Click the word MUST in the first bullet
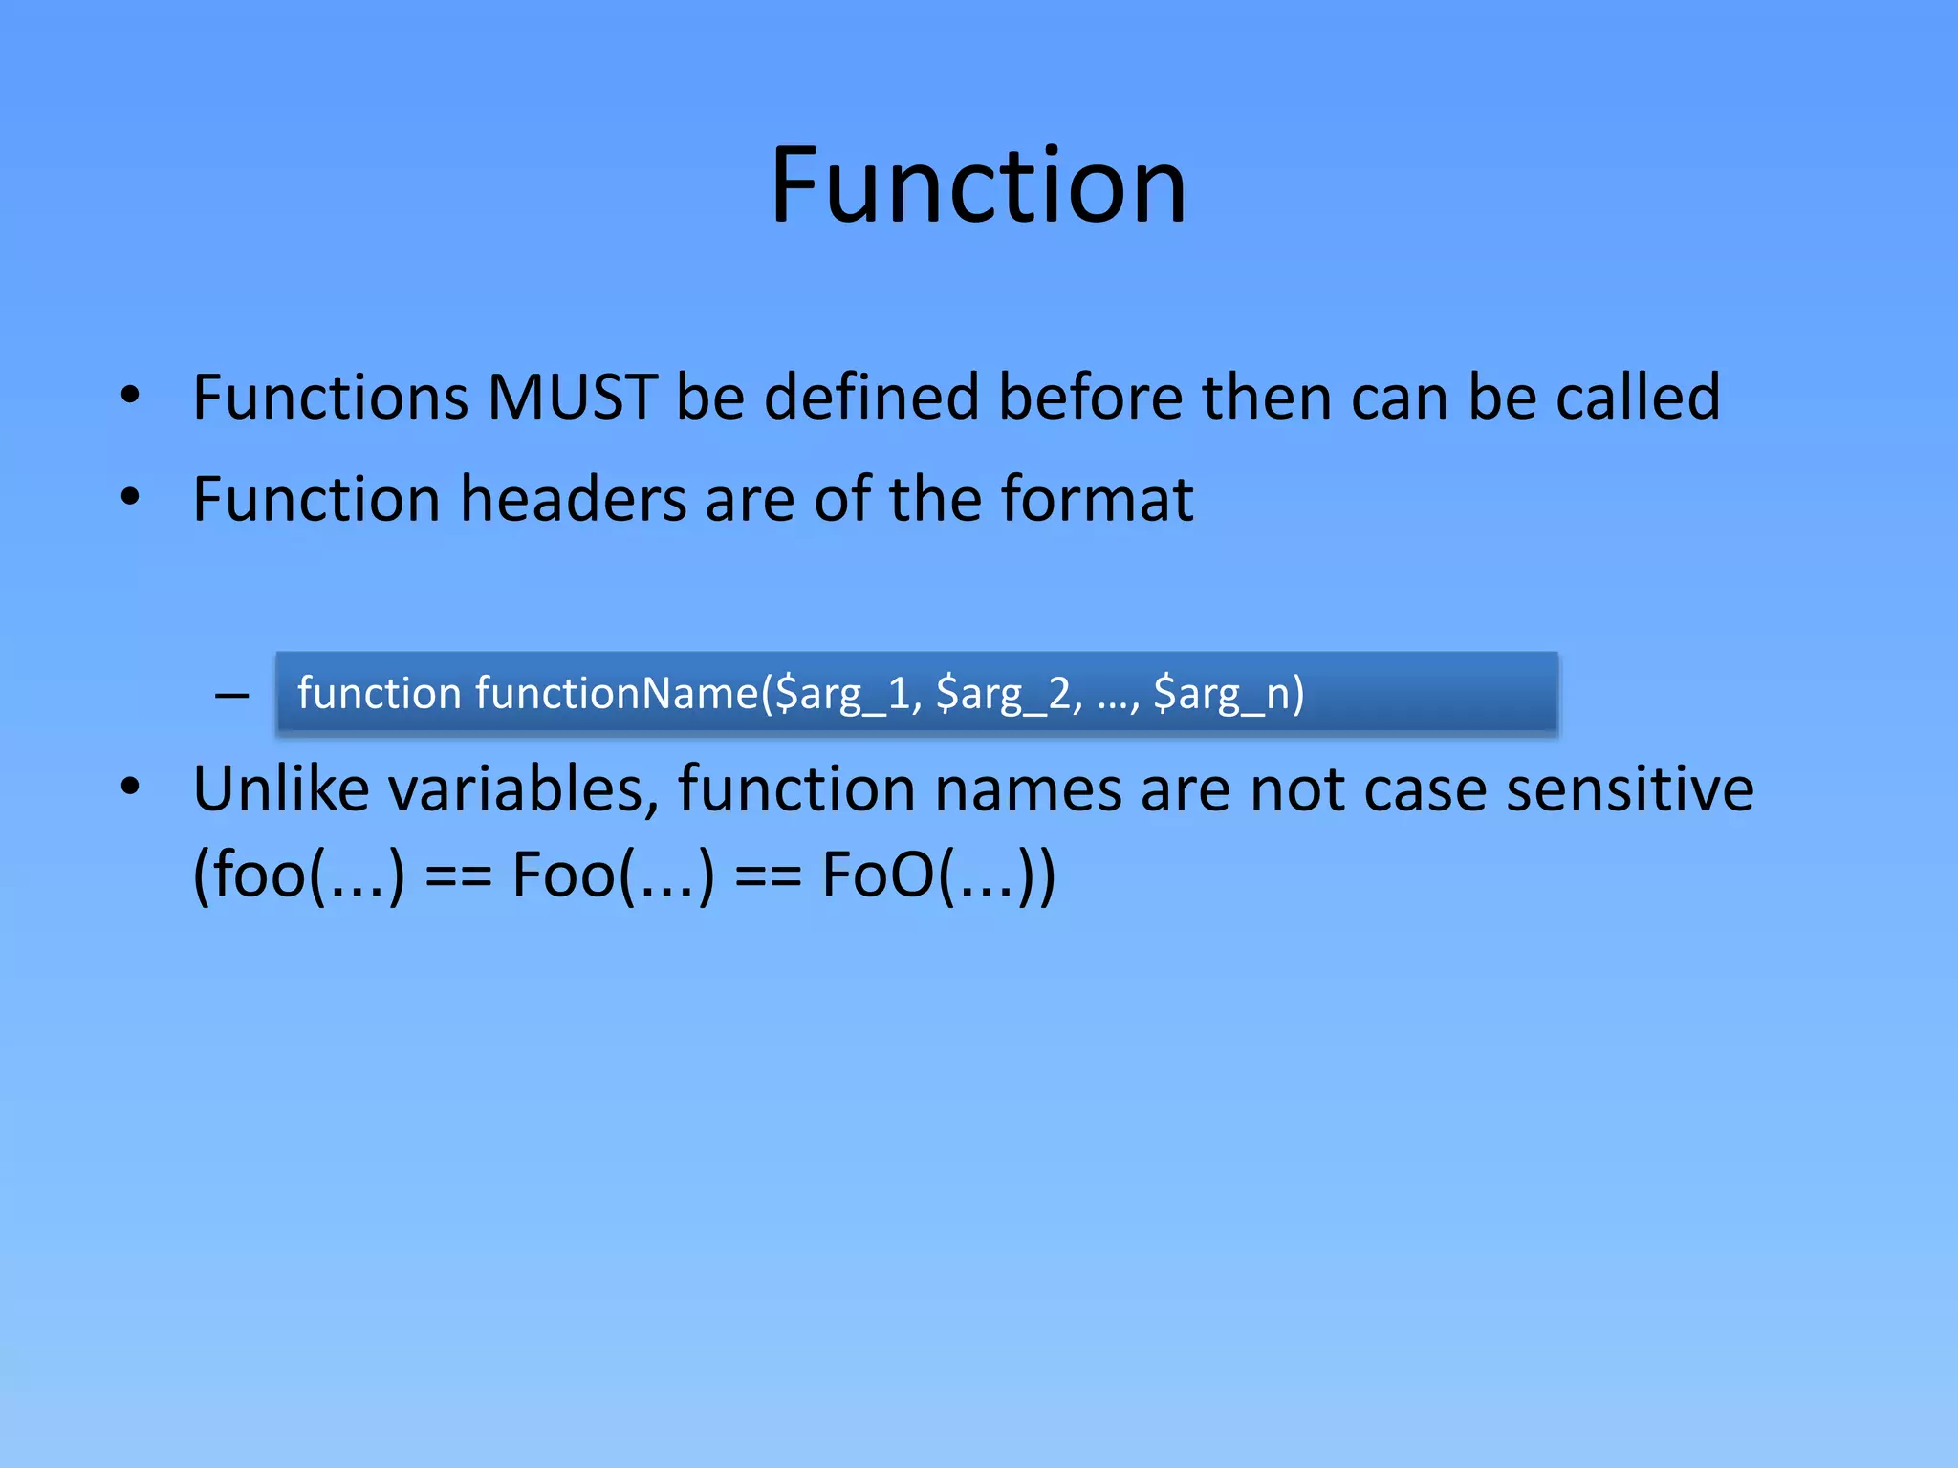[x=572, y=397]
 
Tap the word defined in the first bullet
[x=872, y=397]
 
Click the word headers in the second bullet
[x=574, y=499]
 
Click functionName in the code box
[x=617, y=693]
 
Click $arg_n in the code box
[x=1224, y=694]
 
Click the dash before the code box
[x=232, y=695]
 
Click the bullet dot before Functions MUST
[x=131, y=395]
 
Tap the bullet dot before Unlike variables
[x=131, y=787]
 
